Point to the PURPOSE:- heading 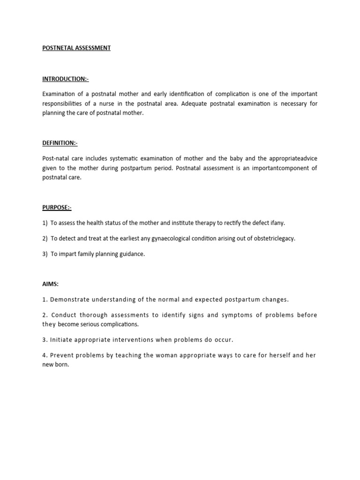click(57, 207)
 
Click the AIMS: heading click(51, 284)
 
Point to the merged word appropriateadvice click(294, 158)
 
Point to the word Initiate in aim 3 click(60, 339)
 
